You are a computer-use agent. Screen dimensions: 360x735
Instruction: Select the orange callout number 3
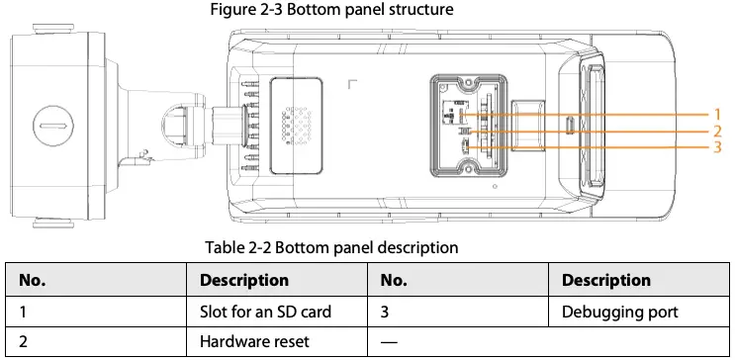[719, 148]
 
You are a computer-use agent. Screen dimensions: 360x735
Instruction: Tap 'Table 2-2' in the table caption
[238, 246]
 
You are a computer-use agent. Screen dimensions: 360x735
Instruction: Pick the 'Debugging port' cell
[620, 312]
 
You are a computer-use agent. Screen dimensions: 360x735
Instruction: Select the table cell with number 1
[23, 312]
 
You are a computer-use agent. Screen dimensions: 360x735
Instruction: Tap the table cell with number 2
[24, 342]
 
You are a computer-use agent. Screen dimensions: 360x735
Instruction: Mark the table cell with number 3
[386, 312]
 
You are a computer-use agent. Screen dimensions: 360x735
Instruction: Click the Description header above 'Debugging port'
[606, 280]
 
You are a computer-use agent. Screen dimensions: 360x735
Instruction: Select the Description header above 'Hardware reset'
[244, 280]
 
